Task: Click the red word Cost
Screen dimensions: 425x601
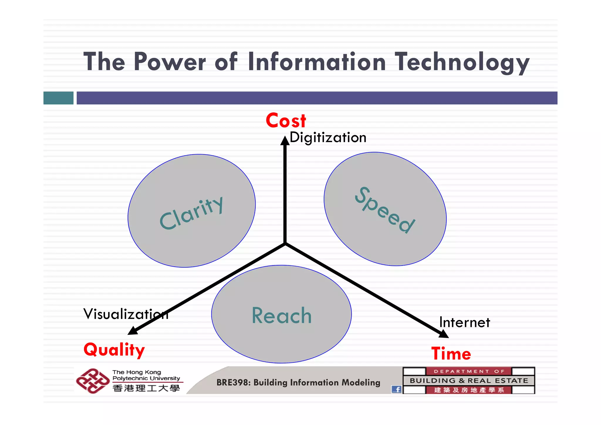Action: (x=286, y=121)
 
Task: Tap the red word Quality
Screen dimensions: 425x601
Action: (x=114, y=350)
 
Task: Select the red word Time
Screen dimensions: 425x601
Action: (x=451, y=354)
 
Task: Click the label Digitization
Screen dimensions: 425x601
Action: (x=328, y=137)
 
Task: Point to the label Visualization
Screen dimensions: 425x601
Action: (x=126, y=314)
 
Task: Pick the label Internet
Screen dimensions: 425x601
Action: (x=465, y=322)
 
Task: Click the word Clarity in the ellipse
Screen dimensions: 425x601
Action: (x=192, y=213)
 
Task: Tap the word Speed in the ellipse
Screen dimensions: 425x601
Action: (x=385, y=210)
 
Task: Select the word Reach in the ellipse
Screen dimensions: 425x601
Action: (x=281, y=316)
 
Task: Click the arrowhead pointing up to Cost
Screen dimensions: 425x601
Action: (x=285, y=141)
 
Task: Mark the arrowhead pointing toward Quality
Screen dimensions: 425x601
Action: (x=133, y=331)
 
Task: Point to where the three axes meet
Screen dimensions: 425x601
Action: (x=285, y=243)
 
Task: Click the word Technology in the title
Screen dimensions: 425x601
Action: (x=462, y=62)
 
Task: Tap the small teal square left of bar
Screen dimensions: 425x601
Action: (x=58, y=98)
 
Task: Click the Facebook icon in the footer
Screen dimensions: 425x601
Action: (x=396, y=389)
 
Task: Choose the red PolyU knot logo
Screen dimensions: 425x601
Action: (x=92, y=381)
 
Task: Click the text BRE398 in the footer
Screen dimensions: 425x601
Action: (x=233, y=383)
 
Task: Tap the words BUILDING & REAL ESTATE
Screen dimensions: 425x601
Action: (x=469, y=381)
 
